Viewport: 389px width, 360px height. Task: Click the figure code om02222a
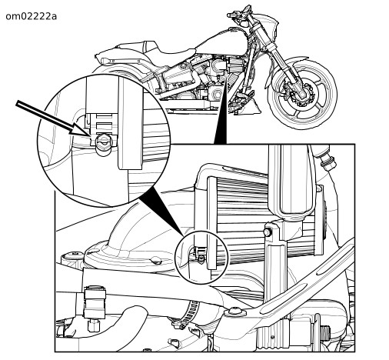click(x=31, y=16)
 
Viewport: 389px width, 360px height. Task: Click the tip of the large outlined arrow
click(x=90, y=135)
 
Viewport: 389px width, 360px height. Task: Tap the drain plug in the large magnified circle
click(x=104, y=143)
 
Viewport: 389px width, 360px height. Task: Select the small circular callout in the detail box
click(x=201, y=257)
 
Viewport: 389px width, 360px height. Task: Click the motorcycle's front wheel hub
click(x=303, y=95)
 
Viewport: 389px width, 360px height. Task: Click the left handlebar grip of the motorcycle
click(x=232, y=15)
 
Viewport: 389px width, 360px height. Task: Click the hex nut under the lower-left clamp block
click(x=94, y=325)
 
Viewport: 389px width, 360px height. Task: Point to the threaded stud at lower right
click(x=325, y=332)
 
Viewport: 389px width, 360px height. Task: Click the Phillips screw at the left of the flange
click(x=72, y=255)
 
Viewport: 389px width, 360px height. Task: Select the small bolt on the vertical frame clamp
click(x=268, y=232)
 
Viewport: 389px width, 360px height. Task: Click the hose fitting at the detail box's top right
click(x=326, y=159)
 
